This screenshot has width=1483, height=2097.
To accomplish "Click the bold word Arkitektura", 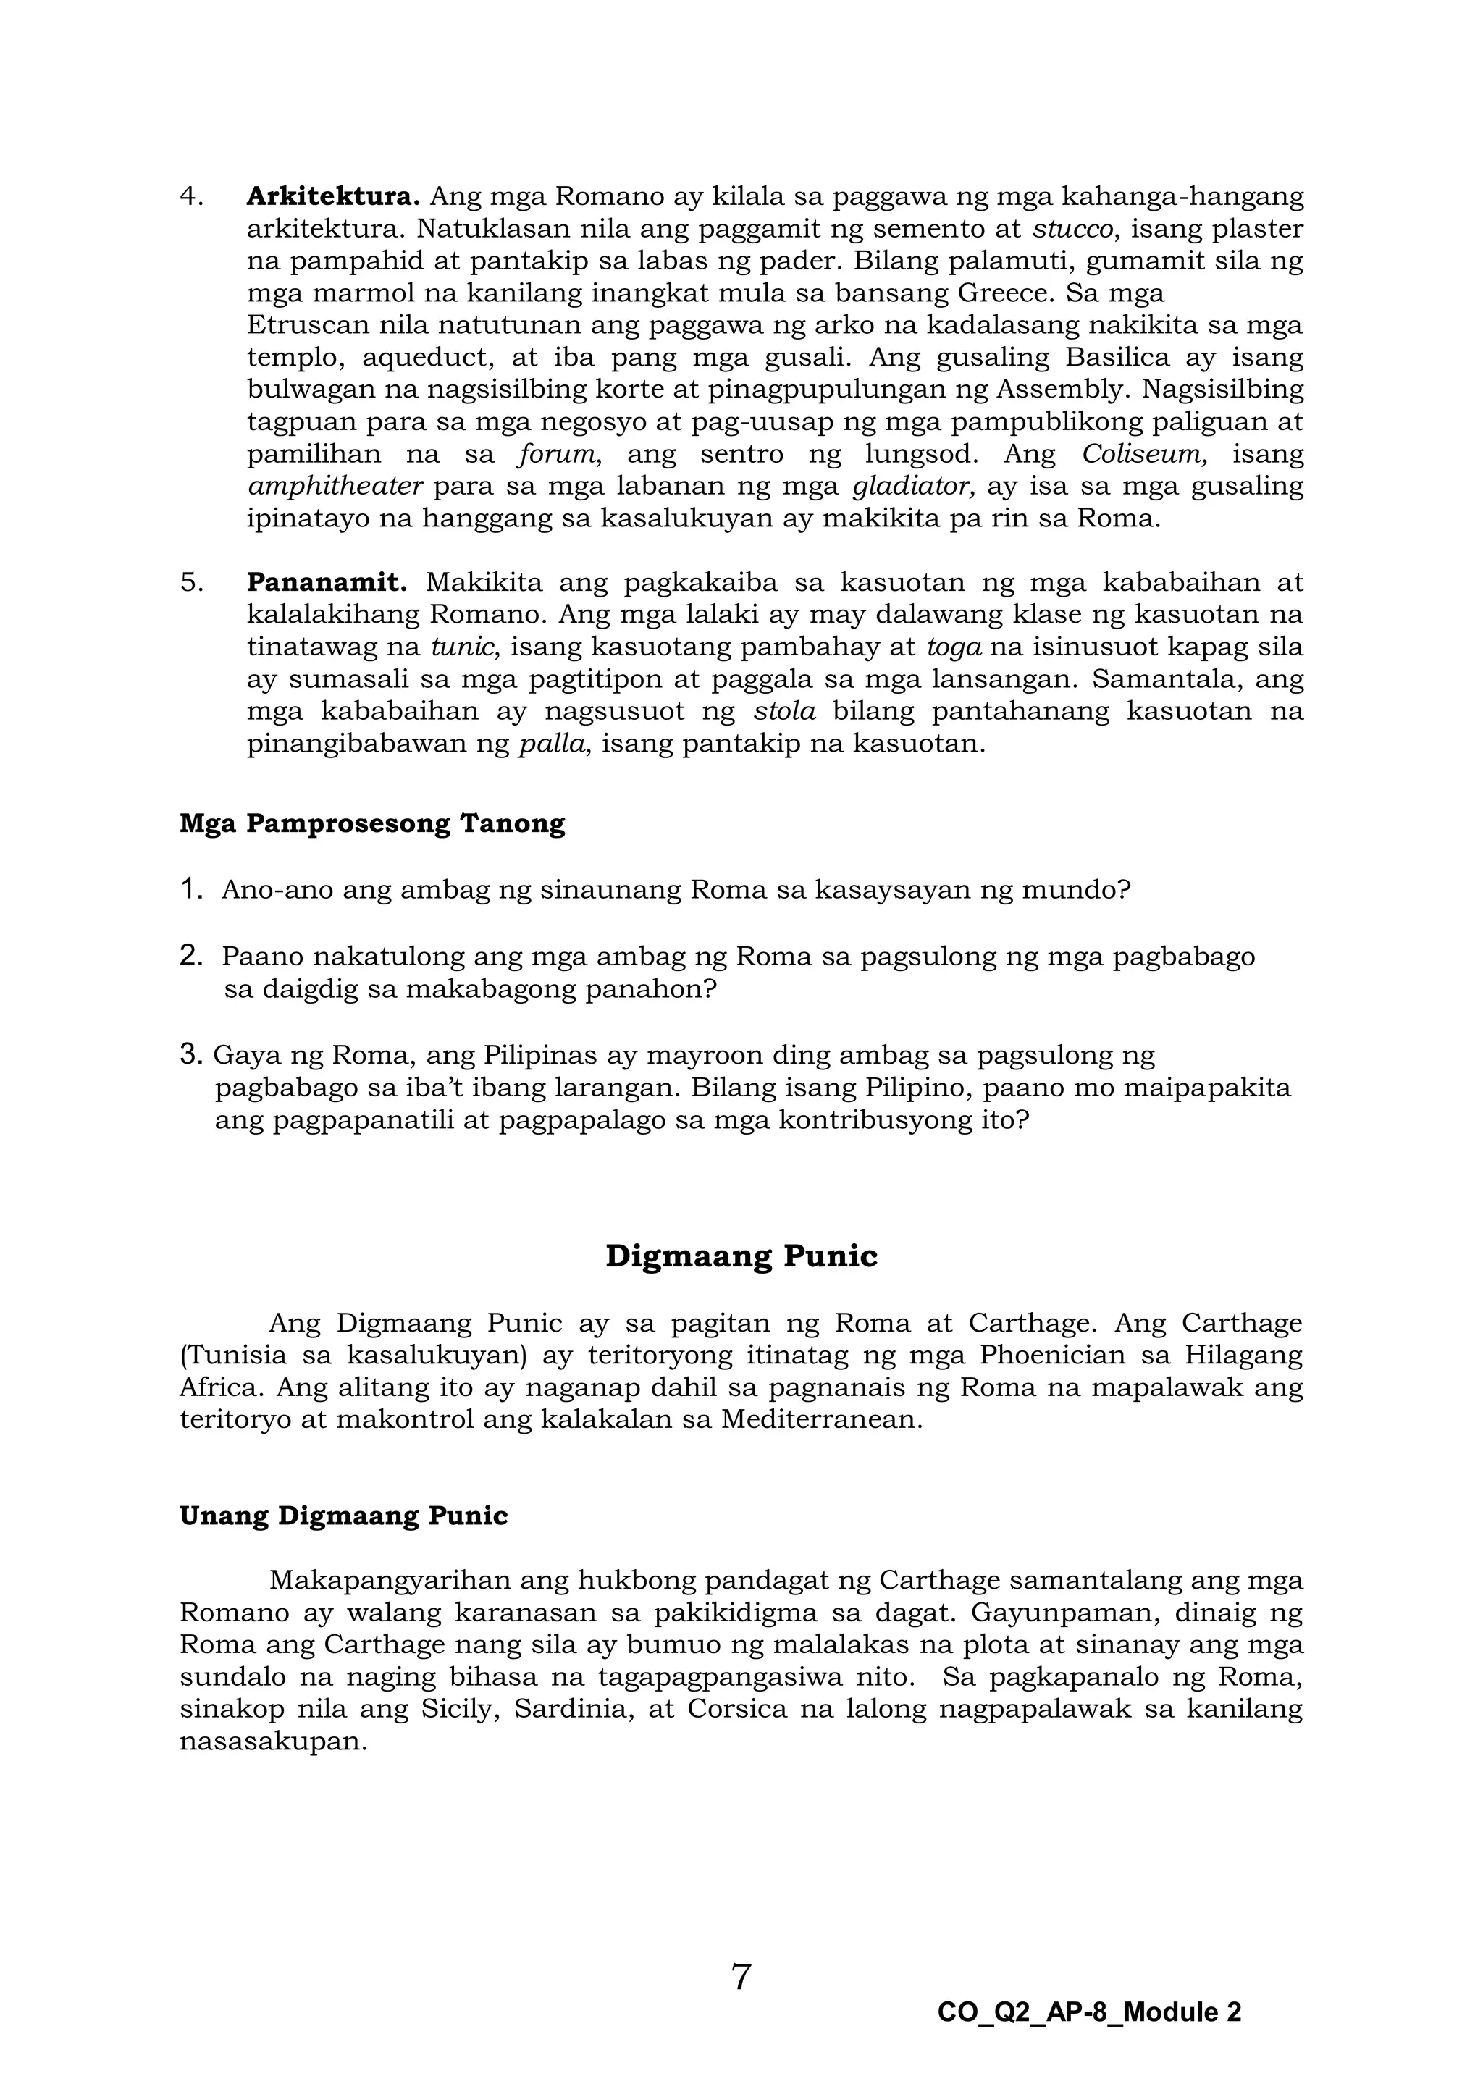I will (332, 196).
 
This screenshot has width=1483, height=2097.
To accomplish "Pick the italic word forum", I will (556, 454).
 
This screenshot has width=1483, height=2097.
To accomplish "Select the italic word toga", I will (954, 647).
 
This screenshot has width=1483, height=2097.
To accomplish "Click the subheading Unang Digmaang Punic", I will (343, 1516).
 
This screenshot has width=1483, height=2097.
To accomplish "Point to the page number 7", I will (741, 1978).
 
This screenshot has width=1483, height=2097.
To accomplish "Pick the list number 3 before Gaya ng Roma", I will (190, 1056).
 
